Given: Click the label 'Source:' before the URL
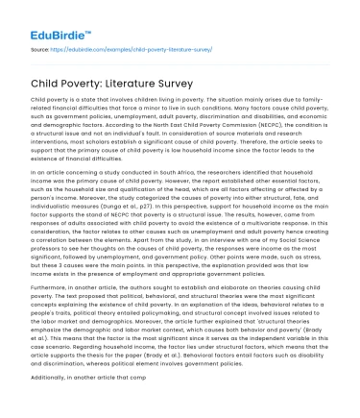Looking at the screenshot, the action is click(x=41, y=47).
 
